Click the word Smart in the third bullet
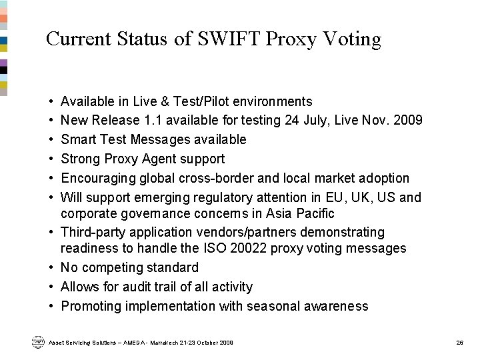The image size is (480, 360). [x=78, y=140]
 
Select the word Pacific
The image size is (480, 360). [x=316, y=213]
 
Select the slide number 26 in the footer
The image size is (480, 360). [x=459, y=343]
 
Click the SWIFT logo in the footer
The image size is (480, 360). [x=37, y=342]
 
